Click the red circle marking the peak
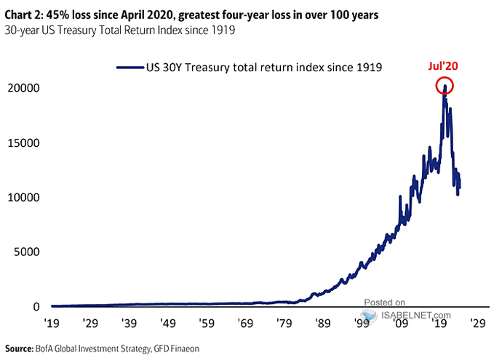click(445, 87)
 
